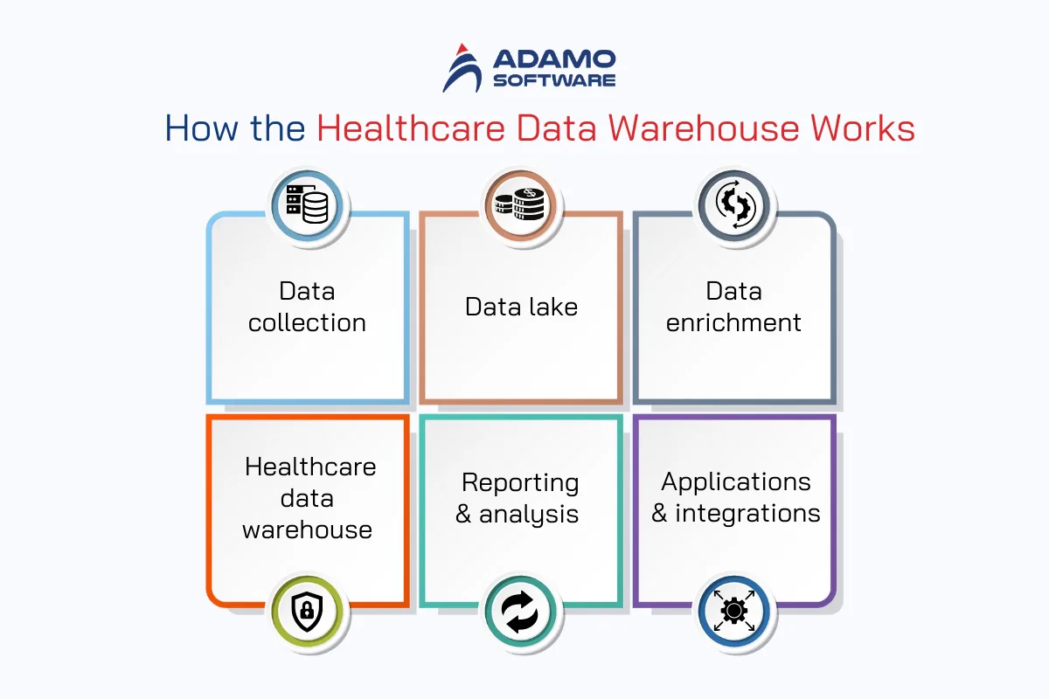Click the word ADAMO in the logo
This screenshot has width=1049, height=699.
pos(554,59)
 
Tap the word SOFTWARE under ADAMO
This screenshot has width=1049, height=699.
pos(554,80)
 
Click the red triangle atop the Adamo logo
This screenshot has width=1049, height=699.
pos(462,49)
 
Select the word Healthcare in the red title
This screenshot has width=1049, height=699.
pos(411,128)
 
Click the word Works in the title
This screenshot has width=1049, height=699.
pos(863,128)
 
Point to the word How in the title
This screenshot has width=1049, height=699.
pos(201,128)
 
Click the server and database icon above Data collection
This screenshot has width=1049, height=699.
pos(307,204)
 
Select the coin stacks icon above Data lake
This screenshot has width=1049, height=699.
pos(520,204)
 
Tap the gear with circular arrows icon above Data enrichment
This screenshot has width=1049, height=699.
pos(734,204)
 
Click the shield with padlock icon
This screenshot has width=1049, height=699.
pos(307,611)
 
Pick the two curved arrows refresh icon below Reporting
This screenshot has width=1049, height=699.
pos(520,612)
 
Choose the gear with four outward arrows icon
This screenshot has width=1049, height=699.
pos(733,611)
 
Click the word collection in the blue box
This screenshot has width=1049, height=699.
pos(307,322)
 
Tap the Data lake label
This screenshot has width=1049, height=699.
pos(521,307)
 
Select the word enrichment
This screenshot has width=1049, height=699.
pos(733,322)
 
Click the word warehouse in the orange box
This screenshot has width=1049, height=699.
pos(307,530)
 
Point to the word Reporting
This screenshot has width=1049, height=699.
pos(520,482)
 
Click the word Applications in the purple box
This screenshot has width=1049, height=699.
pos(736,482)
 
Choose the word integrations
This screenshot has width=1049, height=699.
pos(748,513)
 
